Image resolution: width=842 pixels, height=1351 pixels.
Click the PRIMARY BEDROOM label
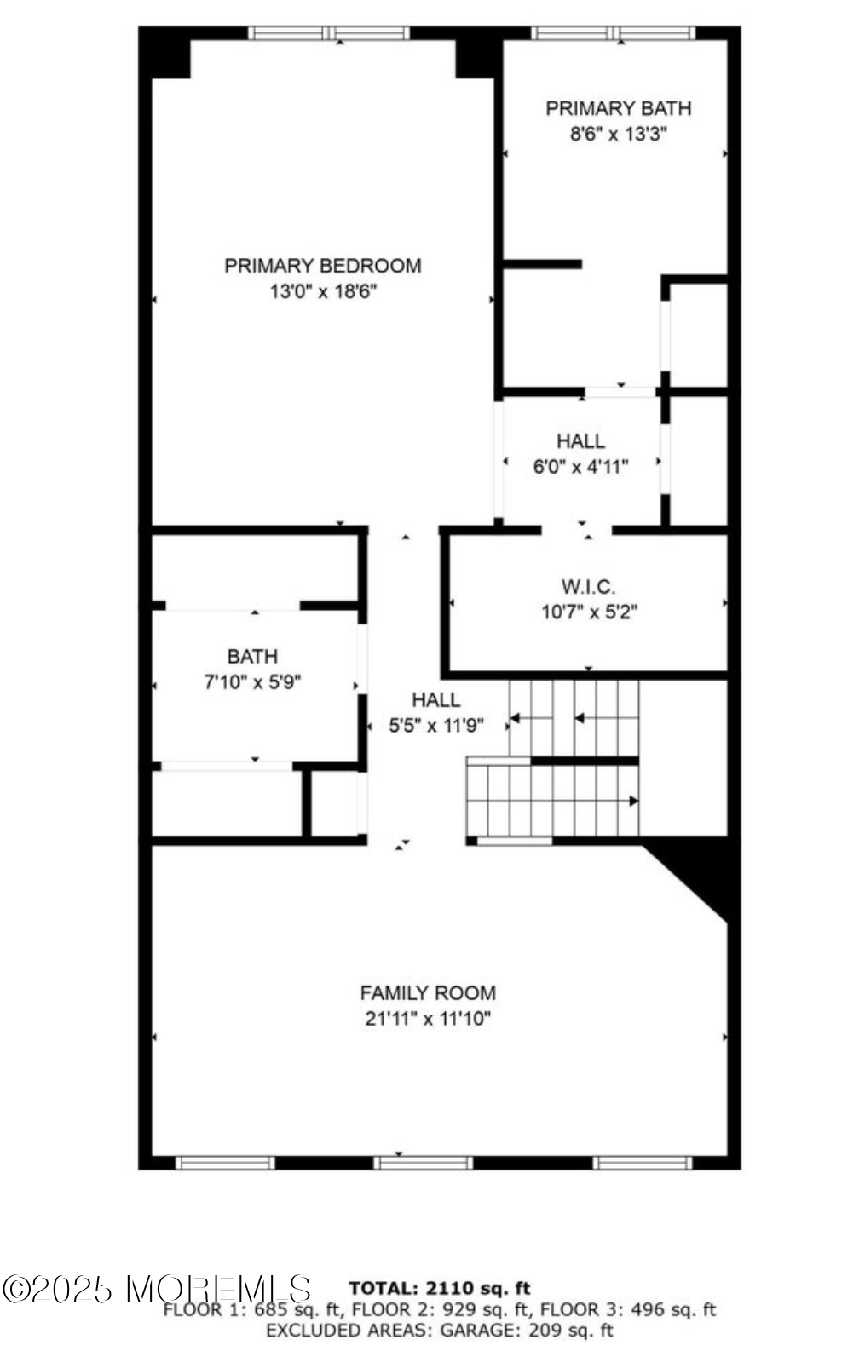[322, 266]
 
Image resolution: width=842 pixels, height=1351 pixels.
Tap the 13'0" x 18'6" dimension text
[323, 291]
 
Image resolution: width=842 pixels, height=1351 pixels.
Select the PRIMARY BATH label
[618, 108]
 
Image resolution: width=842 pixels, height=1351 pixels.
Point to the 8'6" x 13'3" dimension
[618, 134]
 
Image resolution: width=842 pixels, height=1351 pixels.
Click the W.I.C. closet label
[588, 587]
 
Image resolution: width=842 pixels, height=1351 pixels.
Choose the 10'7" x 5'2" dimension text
[589, 612]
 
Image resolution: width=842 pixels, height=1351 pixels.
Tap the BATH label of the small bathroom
[252, 657]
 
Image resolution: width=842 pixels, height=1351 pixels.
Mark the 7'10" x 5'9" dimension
[253, 681]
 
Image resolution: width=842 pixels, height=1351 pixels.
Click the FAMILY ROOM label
[428, 993]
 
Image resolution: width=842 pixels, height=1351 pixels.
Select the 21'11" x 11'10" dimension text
[428, 1019]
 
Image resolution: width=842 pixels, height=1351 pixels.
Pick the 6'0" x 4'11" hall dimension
[580, 467]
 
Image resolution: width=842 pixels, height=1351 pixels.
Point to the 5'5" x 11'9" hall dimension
[436, 726]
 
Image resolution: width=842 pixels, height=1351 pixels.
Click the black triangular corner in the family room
[704, 873]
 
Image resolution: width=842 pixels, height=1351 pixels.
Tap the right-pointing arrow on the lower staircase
[633, 801]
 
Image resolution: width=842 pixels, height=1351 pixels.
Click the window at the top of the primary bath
[614, 34]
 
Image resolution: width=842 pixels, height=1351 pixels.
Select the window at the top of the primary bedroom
[329, 34]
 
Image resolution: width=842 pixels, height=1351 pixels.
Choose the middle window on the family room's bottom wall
[423, 1163]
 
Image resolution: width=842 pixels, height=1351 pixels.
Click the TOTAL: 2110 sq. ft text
[440, 1288]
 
